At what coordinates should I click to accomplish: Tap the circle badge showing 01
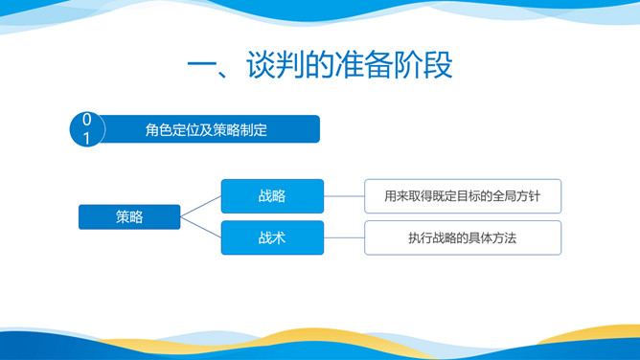point(87,130)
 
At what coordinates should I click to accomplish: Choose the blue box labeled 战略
point(272,196)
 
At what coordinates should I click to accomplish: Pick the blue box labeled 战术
point(272,237)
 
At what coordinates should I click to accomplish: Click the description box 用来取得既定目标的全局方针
point(462,196)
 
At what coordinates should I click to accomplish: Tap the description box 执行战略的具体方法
point(462,237)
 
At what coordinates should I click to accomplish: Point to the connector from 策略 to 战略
point(201,206)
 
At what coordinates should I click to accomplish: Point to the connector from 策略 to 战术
point(201,228)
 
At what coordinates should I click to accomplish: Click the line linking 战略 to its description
point(344,196)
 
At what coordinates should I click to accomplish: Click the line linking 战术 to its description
point(344,237)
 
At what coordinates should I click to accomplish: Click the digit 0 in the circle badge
point(87,121)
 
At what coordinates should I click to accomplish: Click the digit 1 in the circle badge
point(87,140)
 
